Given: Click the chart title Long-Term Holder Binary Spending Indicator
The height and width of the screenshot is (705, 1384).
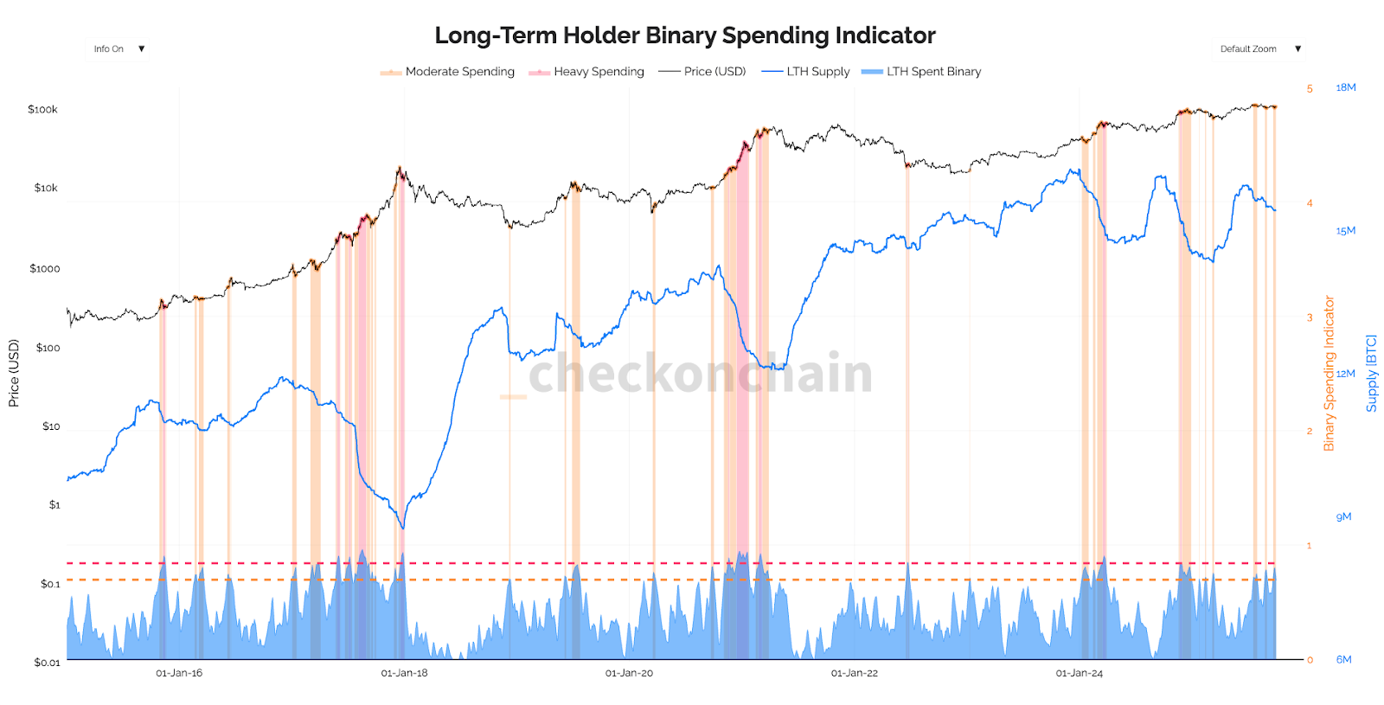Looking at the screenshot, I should click(x=684, y=35).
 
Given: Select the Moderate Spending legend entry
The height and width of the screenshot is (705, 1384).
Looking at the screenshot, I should click(x=458, y=72).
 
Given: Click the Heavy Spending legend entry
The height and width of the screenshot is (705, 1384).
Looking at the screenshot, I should click(x=598, y=72).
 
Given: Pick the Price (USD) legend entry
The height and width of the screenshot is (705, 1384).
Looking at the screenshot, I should click(x=714, y=72).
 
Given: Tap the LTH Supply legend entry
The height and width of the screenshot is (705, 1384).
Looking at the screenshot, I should click(x=817, y=72).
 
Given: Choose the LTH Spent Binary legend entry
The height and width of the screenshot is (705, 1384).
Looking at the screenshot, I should click(x=932, y=72).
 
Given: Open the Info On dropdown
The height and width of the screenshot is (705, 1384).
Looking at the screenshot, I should click(x=119, y=49).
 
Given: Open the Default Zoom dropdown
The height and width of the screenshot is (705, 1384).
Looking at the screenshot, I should click(x=1259, y=49).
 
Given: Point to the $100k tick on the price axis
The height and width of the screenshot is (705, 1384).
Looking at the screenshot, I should click(x=42, y=110).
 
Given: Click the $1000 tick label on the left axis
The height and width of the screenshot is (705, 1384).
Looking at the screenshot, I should click(x=45, y=269).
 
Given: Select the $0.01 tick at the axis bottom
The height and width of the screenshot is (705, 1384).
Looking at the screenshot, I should click(x=47, y=663).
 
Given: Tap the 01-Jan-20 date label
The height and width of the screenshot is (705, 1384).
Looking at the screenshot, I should click(x=629, y=673).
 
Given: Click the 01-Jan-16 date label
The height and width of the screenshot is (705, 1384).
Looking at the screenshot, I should click(x=179, y=673).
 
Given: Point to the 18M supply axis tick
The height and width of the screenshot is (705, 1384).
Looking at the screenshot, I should click(x=1345, y=88).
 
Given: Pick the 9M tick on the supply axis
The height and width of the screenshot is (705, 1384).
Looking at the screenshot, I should click(x=1343, y=517).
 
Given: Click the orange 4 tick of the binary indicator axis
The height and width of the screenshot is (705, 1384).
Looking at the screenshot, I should click(x=1310, y=203).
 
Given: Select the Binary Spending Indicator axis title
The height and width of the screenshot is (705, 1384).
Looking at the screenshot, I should click(x=1329, y=374).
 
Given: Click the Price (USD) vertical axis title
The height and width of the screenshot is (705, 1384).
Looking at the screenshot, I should click(x=14, y=374).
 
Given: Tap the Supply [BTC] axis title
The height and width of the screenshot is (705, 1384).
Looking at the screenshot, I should click(x=1371, y=374).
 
